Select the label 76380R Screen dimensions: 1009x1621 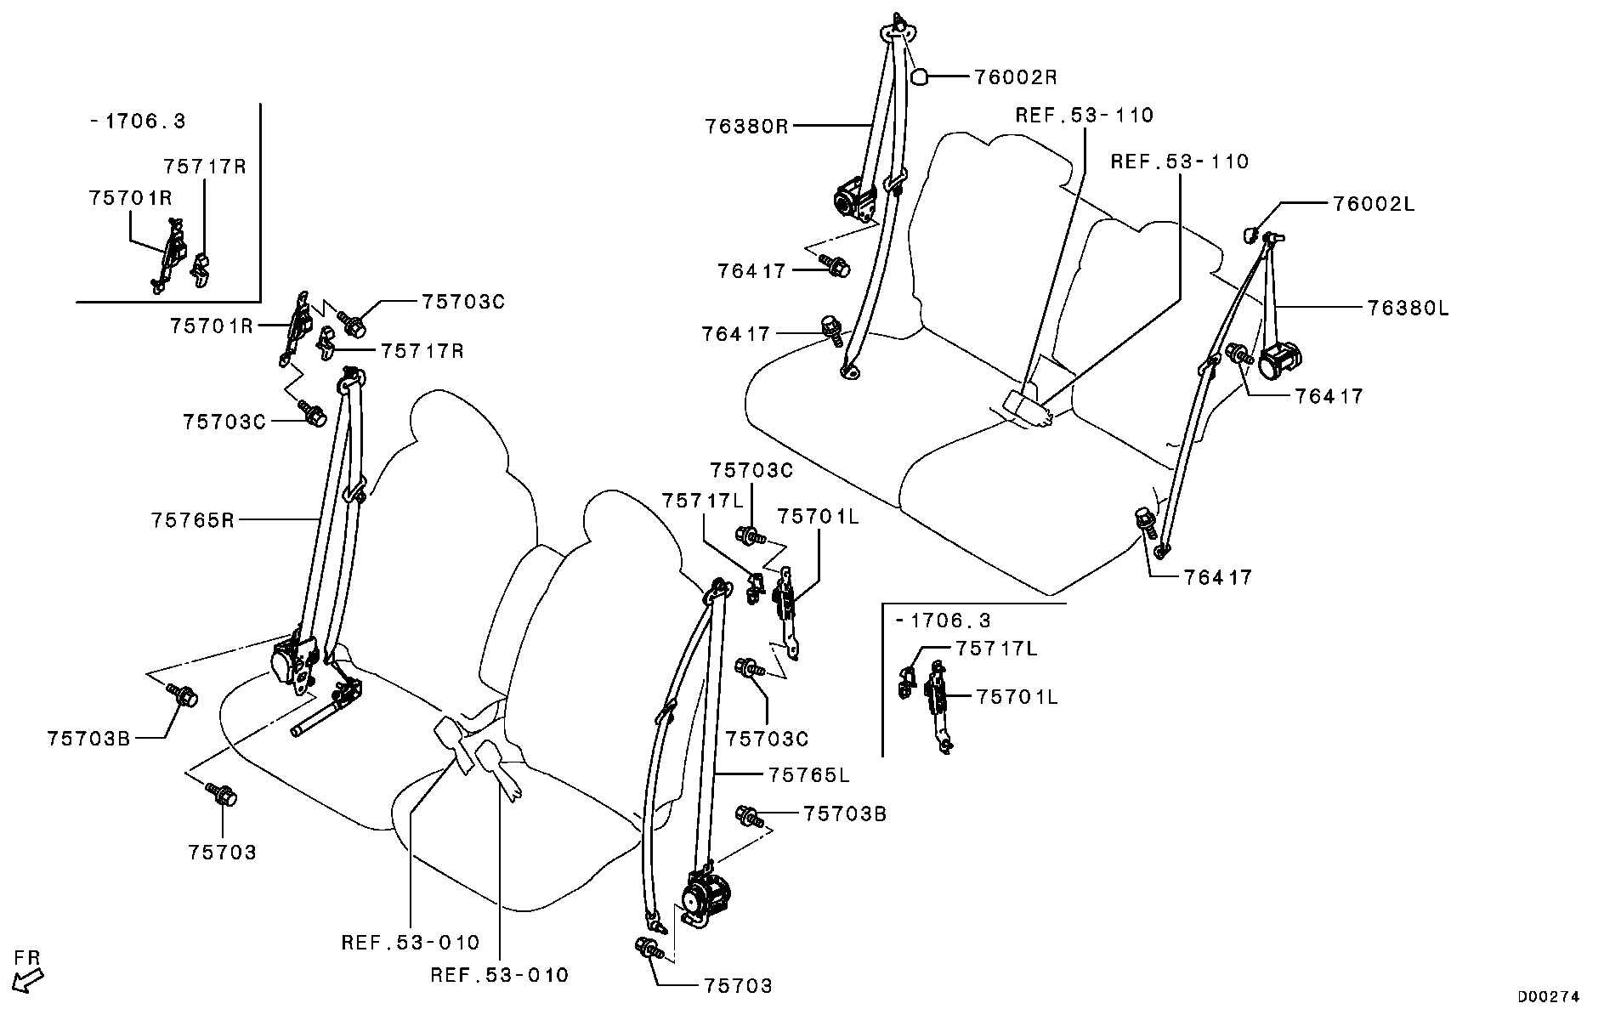pyautogui.click(x=746, y=127)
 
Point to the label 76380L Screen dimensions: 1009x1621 pyautogui.click(x=1408, y=308)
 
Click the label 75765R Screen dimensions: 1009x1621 pyautogui.click(x=193, y=519)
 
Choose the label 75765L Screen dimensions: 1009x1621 pyautogui.click(x=809, y=775)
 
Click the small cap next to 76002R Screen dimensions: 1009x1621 pyautogui.click(x=919, y=77)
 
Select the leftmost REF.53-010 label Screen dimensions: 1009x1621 pyautogui.click(x=411, y=943)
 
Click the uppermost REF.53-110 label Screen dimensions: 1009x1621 pyautogui.click(x=1085, y=116)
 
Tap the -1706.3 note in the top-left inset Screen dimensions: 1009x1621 pyautogui.click(x=138, y=121)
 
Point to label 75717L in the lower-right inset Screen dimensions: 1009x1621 pyautogui.click(x=996, y=649)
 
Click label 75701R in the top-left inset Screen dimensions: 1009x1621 pyautogui.click(x=130, y=198)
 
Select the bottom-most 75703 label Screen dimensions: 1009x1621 pyautogui.click(x=739, y=986)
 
